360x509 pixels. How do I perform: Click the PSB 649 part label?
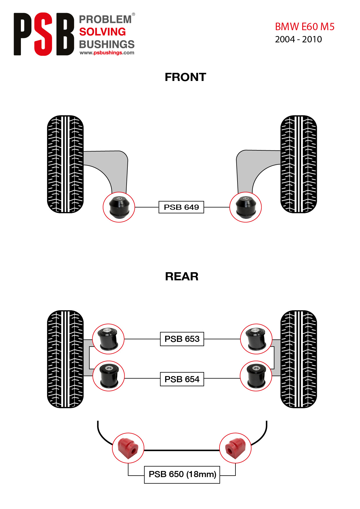click(181, 207)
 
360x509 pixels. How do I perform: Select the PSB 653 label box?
click(182, 339)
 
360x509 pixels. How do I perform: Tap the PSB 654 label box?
click(182, 379)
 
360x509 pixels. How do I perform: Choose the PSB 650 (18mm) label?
click(182, 474)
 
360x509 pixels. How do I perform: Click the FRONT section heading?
click(186, 77)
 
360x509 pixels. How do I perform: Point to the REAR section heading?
click(182, 277)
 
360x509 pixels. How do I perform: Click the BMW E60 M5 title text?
click(305, 27)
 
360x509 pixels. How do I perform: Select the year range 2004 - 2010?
click(298, 39)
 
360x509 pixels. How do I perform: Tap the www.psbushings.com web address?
click(107, 53)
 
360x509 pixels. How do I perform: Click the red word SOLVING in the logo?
click(102, 32)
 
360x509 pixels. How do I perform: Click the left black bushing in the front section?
click(119, 207)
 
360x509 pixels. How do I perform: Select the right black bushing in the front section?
click(246, 207)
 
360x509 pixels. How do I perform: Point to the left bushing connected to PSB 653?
click(108, 339)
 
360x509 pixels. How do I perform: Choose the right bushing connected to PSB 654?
click(256, 376)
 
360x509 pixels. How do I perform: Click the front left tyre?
click(65, 164)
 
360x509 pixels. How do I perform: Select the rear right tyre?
click(299, 359)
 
